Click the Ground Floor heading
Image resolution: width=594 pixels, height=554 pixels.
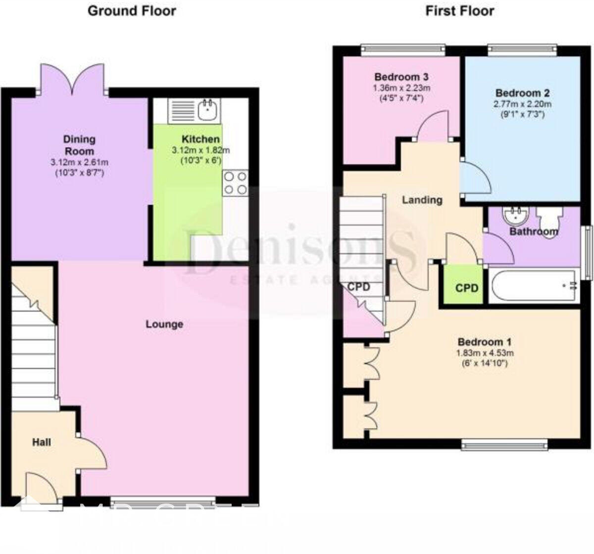pos(132,10)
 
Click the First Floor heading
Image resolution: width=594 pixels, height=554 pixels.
pos(460,10)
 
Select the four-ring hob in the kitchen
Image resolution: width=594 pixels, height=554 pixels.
pos(235,183)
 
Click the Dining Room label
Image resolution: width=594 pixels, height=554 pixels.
pos(79,145)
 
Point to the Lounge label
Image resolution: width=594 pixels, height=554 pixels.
pos(164,324)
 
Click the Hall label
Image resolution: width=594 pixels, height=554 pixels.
pos(42,442)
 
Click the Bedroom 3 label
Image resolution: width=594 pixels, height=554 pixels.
pos(401,77)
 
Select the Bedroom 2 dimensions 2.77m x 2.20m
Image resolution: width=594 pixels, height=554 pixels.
pos(523,104)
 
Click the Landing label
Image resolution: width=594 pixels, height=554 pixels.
pos(422,200)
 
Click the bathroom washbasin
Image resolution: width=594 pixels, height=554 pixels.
pos(515,215)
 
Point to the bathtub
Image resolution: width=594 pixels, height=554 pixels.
pos(534,286)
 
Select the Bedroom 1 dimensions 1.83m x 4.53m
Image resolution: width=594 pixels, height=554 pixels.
pos(485,353)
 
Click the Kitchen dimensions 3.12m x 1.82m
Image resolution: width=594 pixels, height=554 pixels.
pos(200,150)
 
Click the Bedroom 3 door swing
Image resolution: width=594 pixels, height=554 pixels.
pos(432,128)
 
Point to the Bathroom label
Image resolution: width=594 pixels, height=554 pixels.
pos(534,231)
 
